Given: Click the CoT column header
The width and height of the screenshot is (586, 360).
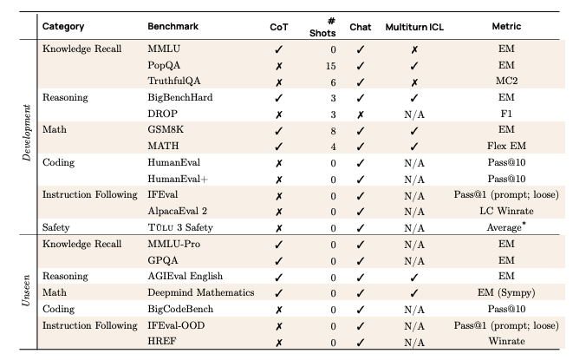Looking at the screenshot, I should click(280, 26).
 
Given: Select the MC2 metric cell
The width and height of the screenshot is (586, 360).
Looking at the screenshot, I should click(507, 81).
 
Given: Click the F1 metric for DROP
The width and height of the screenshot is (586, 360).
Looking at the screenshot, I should click(507, 113).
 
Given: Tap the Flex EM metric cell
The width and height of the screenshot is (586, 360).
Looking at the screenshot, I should click(507, 145).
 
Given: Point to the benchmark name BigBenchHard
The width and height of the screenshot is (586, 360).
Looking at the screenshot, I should click(179, 97).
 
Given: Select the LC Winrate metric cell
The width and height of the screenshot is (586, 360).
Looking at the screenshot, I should click(507, 209).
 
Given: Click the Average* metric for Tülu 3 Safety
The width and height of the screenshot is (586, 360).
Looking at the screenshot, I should click(507, 226).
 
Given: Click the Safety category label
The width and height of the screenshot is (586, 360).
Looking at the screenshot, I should click(59, 226).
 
